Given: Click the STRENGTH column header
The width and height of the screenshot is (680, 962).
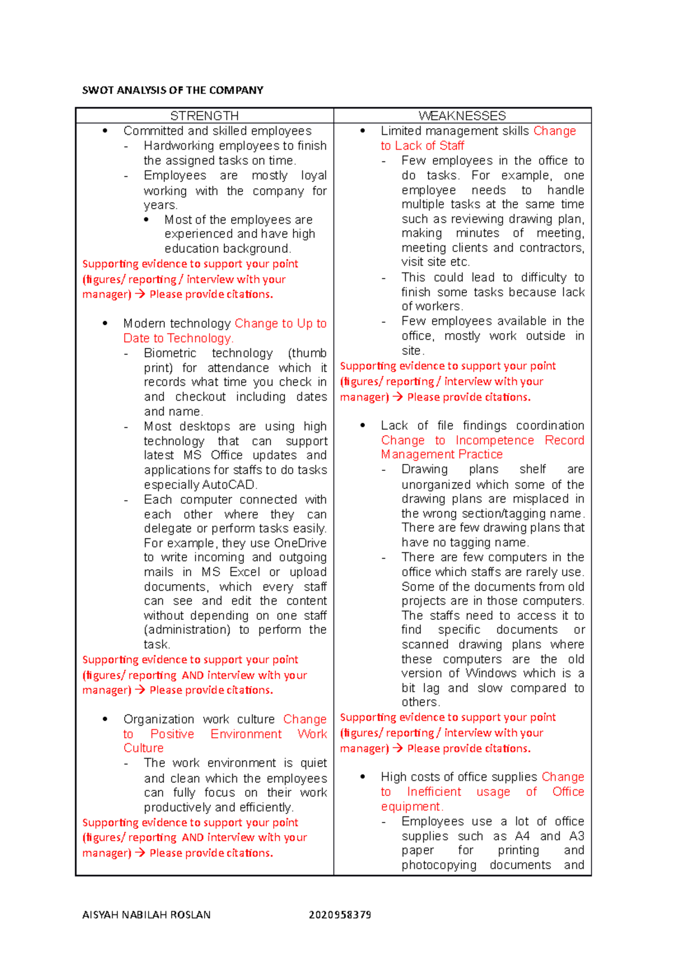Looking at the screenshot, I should click(x=204, y=116).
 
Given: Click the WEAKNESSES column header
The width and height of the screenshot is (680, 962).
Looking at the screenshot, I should click(x=462, y=116).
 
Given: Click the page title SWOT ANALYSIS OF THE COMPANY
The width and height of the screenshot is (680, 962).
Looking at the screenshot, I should click(x=173, y=90).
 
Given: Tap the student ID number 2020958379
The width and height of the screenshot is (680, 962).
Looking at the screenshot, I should click(x=340, y=914).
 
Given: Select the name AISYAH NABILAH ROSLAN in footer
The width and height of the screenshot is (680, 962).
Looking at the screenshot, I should click(x=146, y=914).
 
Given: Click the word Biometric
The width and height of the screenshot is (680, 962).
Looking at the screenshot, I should click(x=170, y=353).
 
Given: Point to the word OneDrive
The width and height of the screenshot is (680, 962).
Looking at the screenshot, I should click(x=300, y=543).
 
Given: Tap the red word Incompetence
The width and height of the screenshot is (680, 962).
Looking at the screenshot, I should click(x=495, y=440).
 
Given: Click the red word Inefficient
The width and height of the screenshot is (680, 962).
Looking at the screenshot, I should click(x=434, y=791).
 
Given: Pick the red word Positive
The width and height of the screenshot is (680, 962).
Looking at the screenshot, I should click(x=172, y=734).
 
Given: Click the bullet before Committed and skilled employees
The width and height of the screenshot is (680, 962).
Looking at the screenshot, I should click(x=105, y=131).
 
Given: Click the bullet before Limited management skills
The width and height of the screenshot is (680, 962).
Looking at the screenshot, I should click(x=363, y=131).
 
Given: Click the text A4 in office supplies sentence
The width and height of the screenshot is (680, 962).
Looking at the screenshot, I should click(x=522, y=836).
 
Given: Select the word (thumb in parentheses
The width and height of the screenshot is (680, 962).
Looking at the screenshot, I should click(x=308, y=353).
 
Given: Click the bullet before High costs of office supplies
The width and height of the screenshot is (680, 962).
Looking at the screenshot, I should click(x=363, y=777).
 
